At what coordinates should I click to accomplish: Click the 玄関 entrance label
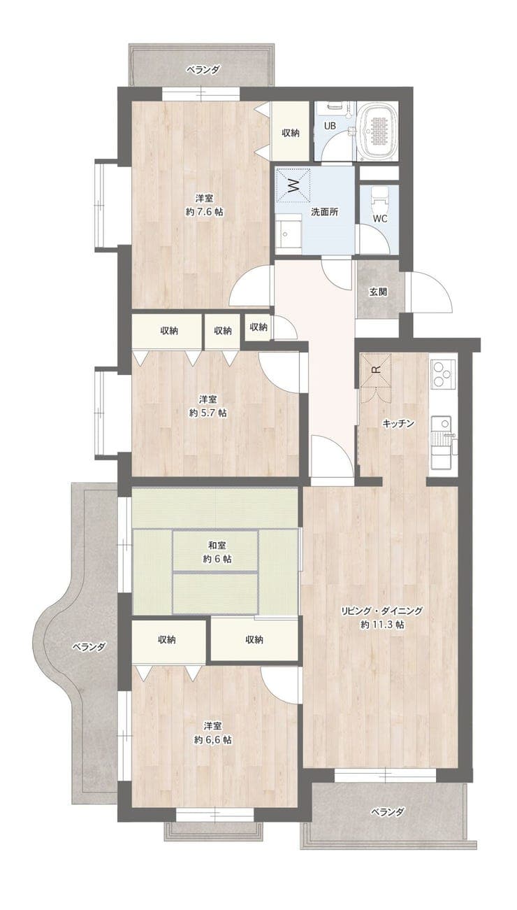[x=377, y=292]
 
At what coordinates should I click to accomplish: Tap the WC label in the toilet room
[x=380, y=218]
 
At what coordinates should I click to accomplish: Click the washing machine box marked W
[x=293, y=185]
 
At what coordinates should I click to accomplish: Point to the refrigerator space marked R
[x=376, y=370]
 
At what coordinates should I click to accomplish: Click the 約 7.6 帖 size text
[x=205, y=212]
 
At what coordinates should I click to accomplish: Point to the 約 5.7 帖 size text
[x=207, y=413]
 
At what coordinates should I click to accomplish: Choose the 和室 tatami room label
[x=217, y=545]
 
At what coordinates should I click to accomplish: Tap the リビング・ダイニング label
[x=382, y=611]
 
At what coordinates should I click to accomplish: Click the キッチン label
[x=398, y=423]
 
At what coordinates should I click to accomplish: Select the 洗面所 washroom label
[x=325, y=212]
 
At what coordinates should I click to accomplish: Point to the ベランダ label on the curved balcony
[x=89, y=647]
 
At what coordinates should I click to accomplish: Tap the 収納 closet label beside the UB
[x=291, y=133]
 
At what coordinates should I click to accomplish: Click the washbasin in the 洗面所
[x=288, y=234]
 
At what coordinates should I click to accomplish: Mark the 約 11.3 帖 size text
[x=382, y=625]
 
